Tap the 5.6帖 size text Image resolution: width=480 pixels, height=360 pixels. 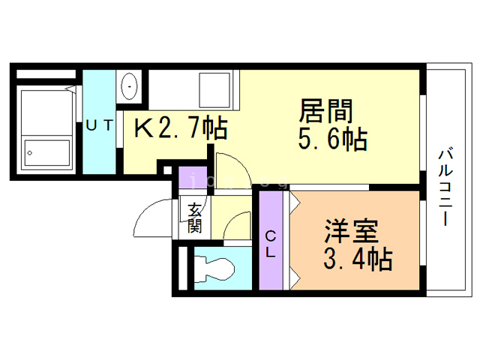click(334, 139)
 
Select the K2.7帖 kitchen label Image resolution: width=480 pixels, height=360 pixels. click(181, 129)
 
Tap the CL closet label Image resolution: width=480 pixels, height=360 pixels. click(271, 244)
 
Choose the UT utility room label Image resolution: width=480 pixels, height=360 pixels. click(99, 126)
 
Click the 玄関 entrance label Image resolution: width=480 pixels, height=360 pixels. click(195, 217)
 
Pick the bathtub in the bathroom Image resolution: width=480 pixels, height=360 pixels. click(45, 131)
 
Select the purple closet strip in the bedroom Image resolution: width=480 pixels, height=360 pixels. click(271, 241)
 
